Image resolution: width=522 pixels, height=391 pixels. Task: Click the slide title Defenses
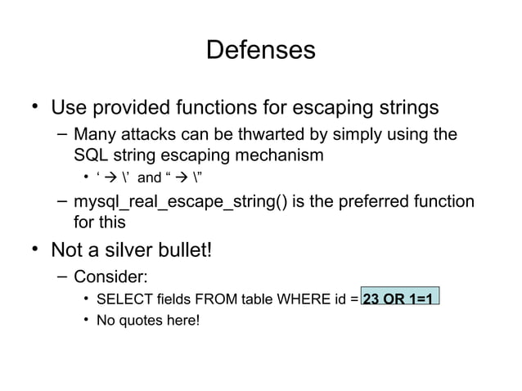coord(260,50)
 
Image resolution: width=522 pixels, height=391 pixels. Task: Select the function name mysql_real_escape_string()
coord(180,201)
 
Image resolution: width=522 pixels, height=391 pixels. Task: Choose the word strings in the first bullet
coord(400,108)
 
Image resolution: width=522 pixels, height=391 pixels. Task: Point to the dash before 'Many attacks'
coord(62,134)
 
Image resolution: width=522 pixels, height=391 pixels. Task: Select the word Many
coord(93,134)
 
